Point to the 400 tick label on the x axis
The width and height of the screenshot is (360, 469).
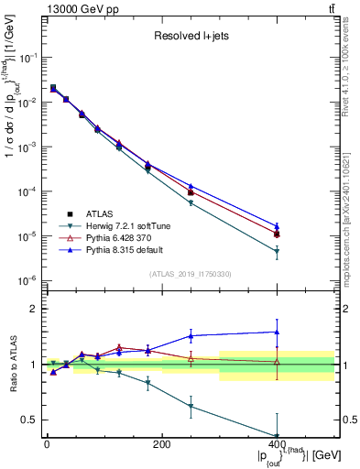coord(277,444)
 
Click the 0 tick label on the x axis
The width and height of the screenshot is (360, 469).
coord(47,444)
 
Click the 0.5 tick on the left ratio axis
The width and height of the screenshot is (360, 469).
coord(33,420)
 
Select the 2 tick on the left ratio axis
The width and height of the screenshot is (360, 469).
coord(33,309)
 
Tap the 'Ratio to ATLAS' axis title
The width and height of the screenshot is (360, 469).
coord(11,364)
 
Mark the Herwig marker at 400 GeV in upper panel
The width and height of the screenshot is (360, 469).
coord(277,251)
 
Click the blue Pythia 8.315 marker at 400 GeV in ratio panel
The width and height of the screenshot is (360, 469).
coord(277,332)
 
